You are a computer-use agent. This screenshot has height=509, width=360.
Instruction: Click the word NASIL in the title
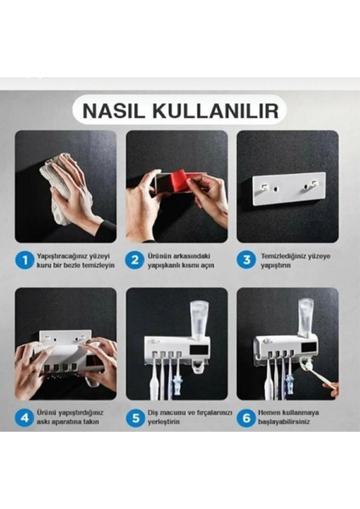(114, 110)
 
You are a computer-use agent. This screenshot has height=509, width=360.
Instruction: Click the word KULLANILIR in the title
(216, 110)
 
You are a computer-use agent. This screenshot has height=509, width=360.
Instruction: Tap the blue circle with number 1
(25, 260)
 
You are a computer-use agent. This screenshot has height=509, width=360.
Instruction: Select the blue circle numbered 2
(135, 260)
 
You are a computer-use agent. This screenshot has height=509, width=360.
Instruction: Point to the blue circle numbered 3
(246, 260)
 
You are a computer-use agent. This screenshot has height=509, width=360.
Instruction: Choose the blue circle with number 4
(25, 417)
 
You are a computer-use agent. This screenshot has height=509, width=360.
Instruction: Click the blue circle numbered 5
(136, 417)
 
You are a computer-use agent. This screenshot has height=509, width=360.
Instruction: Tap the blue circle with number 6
(246, 417)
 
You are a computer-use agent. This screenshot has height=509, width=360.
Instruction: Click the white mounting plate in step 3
(289, 188)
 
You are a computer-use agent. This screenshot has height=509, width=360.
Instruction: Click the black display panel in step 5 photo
(199, 351)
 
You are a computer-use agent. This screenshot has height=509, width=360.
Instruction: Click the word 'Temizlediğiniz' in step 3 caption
(284, 256)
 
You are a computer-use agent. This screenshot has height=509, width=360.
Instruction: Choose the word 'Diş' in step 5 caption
(153, 413)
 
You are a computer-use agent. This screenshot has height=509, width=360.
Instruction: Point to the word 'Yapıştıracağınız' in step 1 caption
(64, 256)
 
